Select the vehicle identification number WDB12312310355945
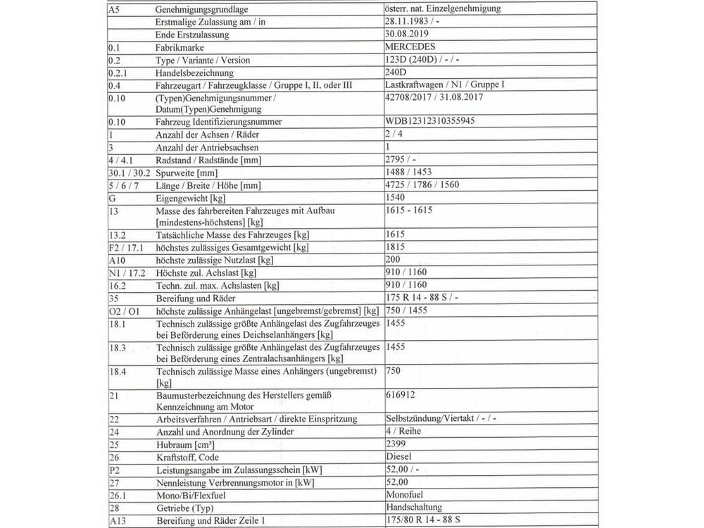coord(430,121)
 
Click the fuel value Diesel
coord(400,458)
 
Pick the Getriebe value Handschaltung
coord(414,507)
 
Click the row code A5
coord(115,8)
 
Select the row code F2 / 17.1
coord(126,248)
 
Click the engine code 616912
coord(401,394)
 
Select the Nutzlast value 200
coord(394,260)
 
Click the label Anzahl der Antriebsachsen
coord(207,148)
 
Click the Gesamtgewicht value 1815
coord(397,247)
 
